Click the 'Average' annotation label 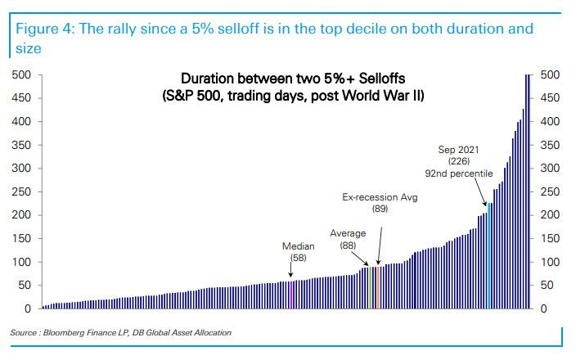[x=348, y=233]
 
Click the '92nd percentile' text [x=458, y=173]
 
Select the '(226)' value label [x=458, y=161]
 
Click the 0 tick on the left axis [x=27, y=309]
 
